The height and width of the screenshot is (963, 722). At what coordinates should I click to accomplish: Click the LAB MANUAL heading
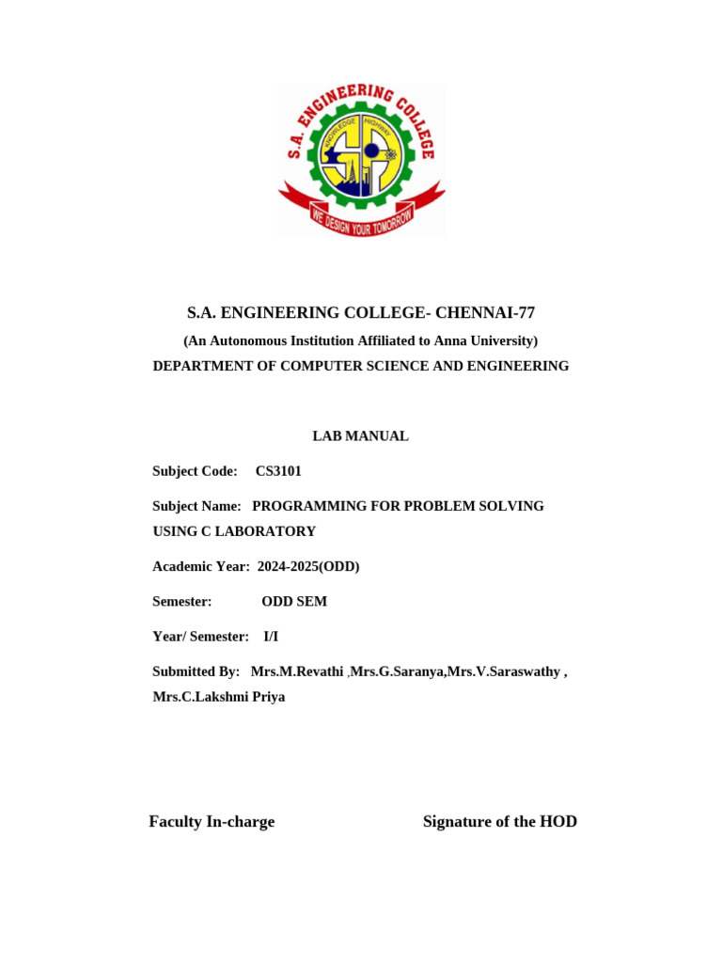pyautogui.click(x=360, y=436)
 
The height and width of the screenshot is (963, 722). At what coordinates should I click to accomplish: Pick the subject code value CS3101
pyautogui.click(x=278, y=471)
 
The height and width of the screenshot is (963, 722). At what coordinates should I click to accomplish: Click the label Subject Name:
pyautogui.click(x=196, y=506)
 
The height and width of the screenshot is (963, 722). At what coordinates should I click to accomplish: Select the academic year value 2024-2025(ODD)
pyautogui.click(x=308, y=566)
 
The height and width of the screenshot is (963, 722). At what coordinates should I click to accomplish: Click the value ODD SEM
pyautogui.click(x=294, y=601)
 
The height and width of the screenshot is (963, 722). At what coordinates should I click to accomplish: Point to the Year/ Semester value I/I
pyautogui.click(x=271, y=637)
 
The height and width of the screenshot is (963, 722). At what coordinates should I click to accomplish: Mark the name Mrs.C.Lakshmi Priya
pyautogui.click(x=219, y=697)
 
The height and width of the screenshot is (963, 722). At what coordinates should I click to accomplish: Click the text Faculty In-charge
pyautogui.click(x=212, y=822)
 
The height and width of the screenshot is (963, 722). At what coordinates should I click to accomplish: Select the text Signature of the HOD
pyautogui.click(x=500, y=822)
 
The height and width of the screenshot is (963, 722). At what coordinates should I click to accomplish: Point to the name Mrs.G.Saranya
pyautogui.click(x=398, y=671)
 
